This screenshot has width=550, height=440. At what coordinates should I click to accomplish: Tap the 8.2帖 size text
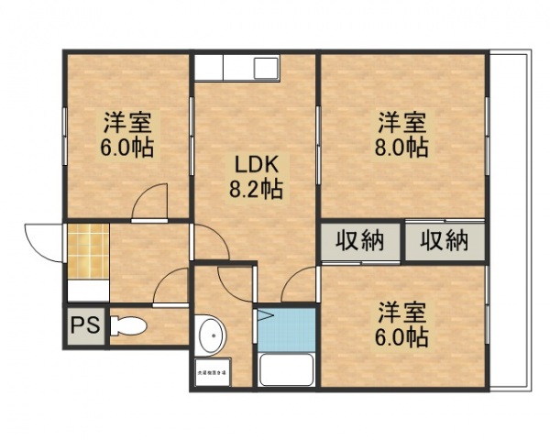pos(256,191)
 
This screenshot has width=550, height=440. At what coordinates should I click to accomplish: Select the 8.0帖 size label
pos(401,147)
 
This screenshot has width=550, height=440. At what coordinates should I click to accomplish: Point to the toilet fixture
pos(128,325)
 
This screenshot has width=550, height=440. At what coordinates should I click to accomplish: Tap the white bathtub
pos(285,369)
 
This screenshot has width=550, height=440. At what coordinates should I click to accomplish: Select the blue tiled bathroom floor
pos(285,328)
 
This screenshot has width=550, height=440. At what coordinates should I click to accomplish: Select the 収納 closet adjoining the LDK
pos(359,242)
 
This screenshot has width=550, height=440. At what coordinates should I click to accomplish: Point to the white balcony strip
pos(509,220)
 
